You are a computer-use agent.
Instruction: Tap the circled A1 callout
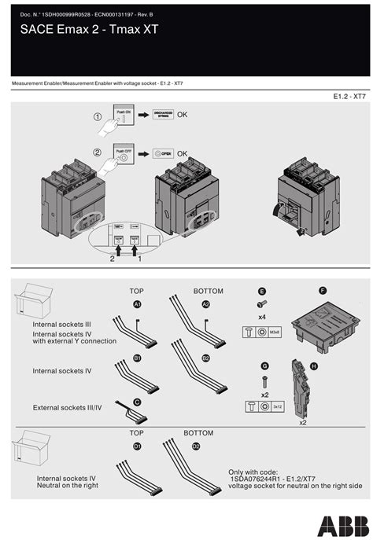(137, 303)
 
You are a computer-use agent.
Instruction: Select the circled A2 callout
(206, 303)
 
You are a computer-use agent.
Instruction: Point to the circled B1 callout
(137, 358)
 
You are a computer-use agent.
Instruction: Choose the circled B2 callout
(206, 358)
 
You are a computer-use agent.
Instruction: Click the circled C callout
(137, 402)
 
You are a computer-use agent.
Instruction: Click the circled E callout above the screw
(261, 291)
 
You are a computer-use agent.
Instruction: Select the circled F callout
(322, 290)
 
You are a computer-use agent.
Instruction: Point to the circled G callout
(265, 366)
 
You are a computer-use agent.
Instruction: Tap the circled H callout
(314, 366)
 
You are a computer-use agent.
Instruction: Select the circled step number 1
(98, 116)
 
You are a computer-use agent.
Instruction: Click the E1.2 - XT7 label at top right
(349, 97)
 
